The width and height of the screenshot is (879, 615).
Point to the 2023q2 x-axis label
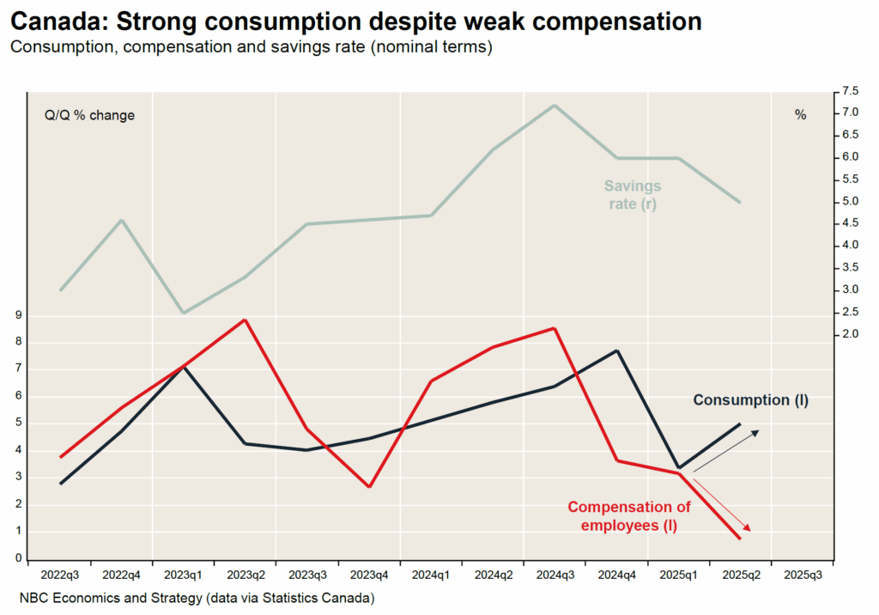coord(246,574)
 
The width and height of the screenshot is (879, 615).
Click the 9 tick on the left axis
coord(17,315)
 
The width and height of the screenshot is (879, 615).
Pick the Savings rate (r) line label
coord(633,195)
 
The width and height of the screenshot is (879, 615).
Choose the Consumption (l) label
coord(750,400)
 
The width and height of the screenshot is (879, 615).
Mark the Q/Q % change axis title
coord(89,115)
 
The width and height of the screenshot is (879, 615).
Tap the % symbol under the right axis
coord(800,115)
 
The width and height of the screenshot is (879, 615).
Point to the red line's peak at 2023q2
coord(246,320)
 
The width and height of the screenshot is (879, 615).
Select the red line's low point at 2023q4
coord(370,487)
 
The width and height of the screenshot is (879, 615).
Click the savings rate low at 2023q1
coord(183,313)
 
